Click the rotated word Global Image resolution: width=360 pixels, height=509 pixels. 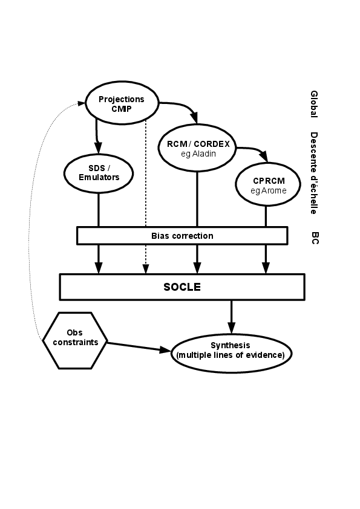[314, 104]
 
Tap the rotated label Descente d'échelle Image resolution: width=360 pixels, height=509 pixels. [314, 173]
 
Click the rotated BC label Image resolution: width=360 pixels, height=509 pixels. [315, 238]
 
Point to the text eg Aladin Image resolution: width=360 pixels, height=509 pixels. [198, 154]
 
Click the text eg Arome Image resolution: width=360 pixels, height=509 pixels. [269, 190]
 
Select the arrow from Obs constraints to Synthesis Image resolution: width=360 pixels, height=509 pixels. [139, 347]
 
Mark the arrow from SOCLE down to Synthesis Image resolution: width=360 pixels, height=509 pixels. [231, 317]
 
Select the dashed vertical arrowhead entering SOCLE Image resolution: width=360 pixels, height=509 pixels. [146, 269]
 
